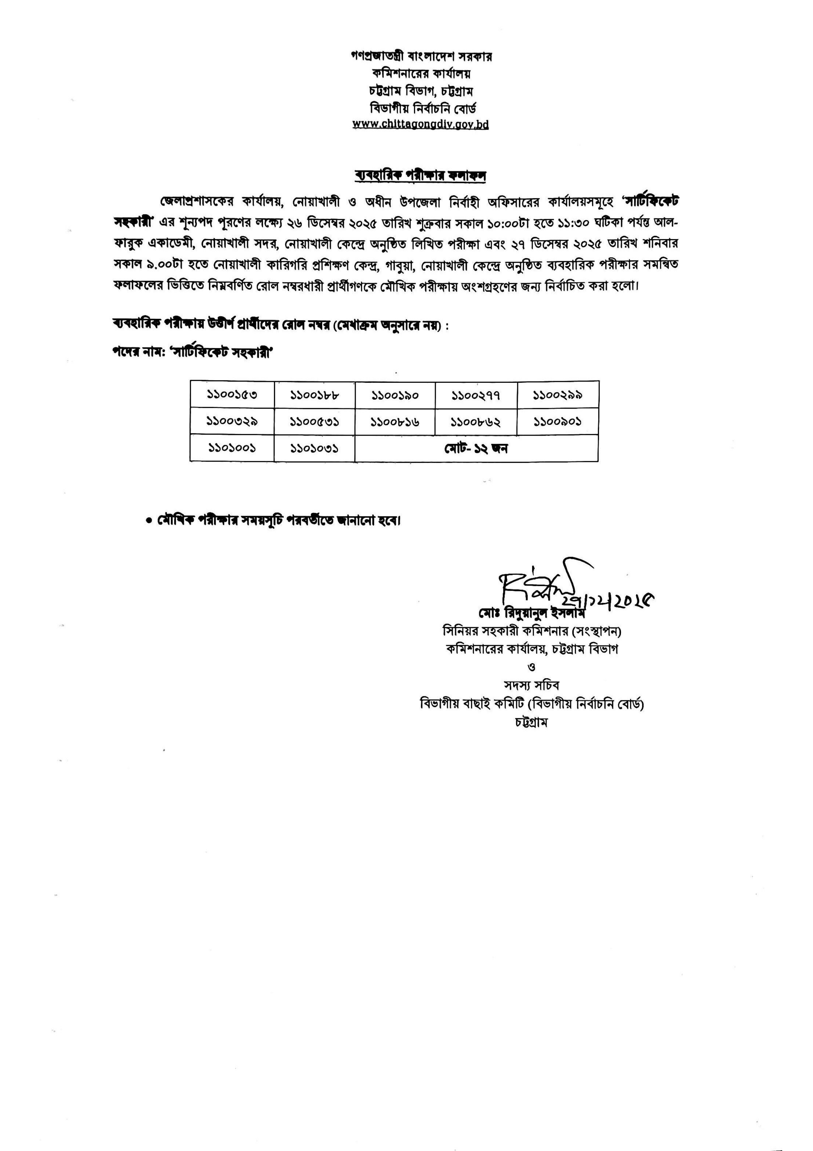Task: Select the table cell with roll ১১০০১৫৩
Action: tap(232, 395)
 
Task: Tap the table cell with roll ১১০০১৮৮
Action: tap(315, 395)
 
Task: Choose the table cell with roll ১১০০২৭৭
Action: tap(476, 395)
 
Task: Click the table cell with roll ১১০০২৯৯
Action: tap(558, 395)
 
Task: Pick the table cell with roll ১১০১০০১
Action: tap(232, 448)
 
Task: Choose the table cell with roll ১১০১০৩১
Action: tap(315, 448)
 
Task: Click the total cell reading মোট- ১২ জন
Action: tap(476, 448)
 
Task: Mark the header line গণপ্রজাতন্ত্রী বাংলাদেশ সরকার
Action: tap(421, 56)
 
